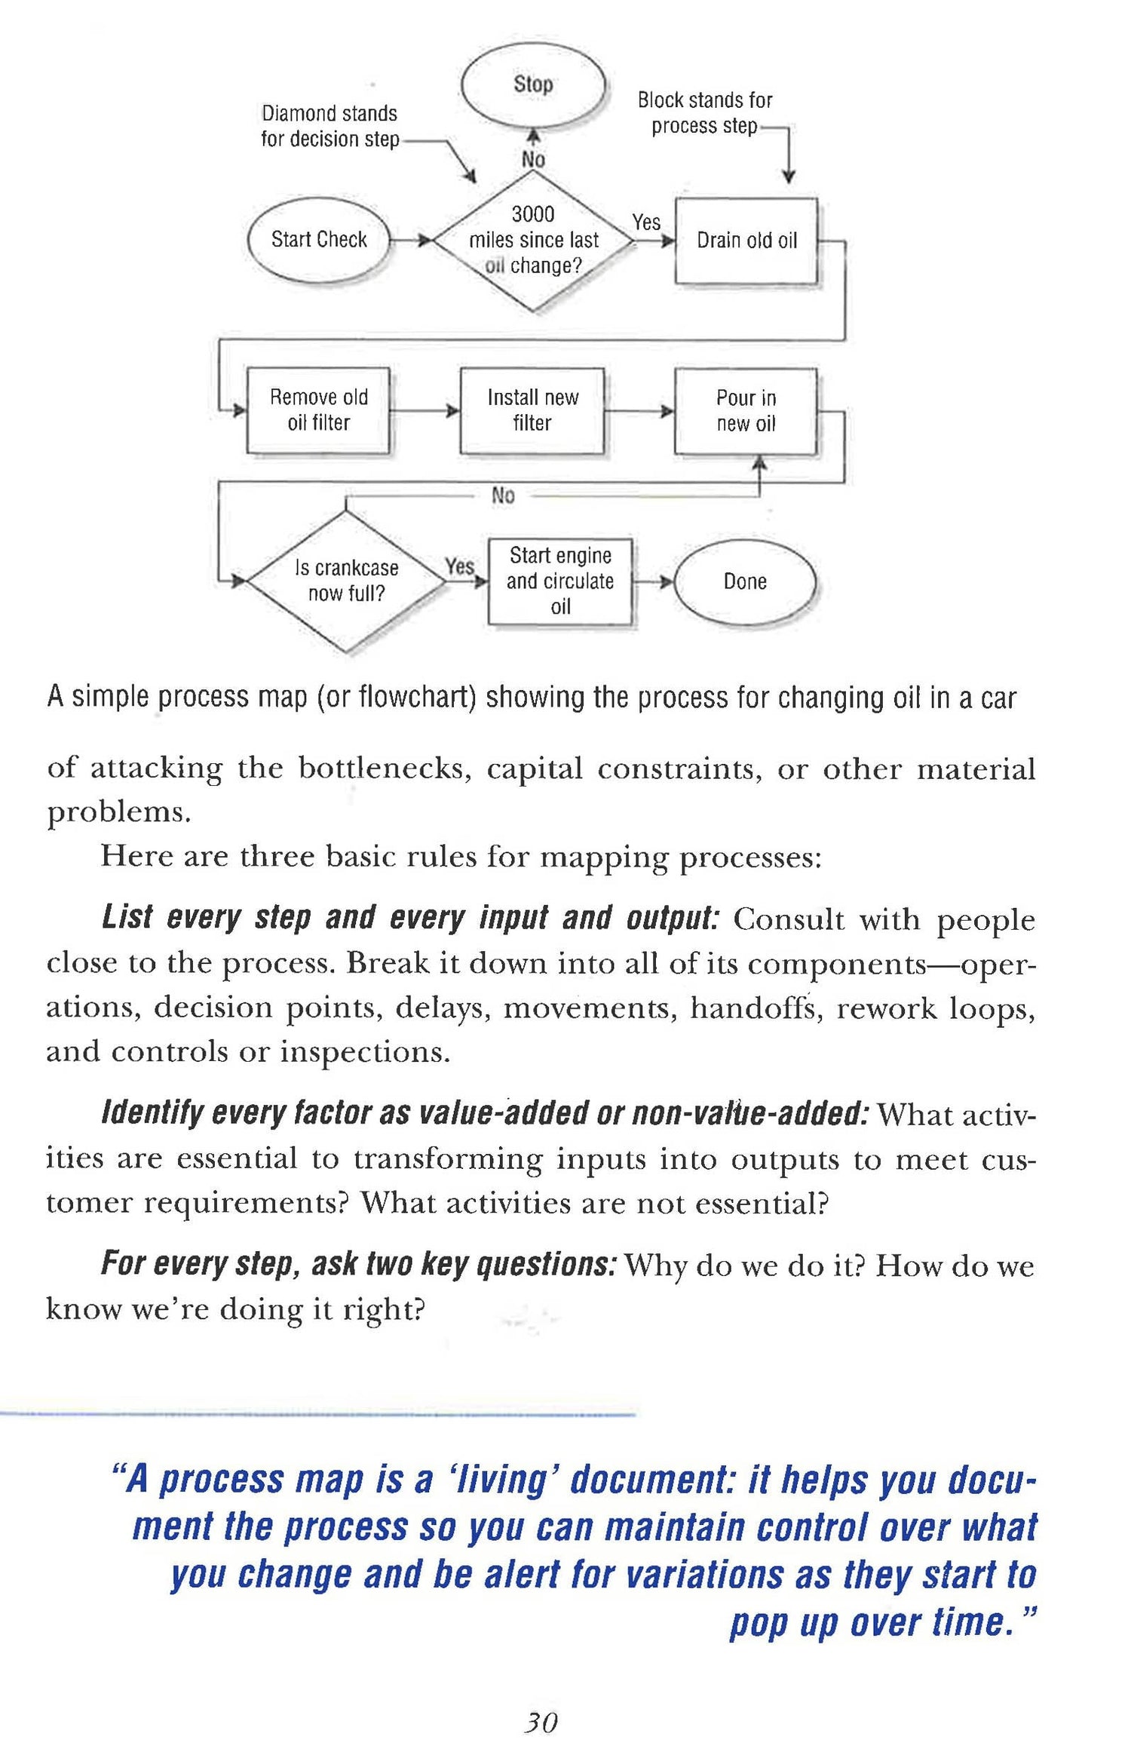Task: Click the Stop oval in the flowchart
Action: pos(533,84)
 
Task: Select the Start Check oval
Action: pos(319,240)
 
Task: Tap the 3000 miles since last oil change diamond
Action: pos(533,241)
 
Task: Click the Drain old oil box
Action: pos(746,241)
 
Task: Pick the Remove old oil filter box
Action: pos(318,410)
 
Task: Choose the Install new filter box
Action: pos(532,410)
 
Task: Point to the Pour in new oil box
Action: pos(746,411)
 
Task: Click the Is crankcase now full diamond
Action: pos(346,581)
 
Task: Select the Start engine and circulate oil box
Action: pos(559,581)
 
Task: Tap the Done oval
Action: pos(745,581)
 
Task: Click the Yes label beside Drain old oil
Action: pos(646,222)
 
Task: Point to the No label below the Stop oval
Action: pos(533,160)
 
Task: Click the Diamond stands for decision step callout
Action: pos(329,126)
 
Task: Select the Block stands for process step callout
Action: pos(705,112)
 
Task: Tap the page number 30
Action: pos(541,1722)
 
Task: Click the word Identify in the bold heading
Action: pos(152,1114)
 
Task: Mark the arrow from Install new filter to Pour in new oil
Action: pos(639,411)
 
